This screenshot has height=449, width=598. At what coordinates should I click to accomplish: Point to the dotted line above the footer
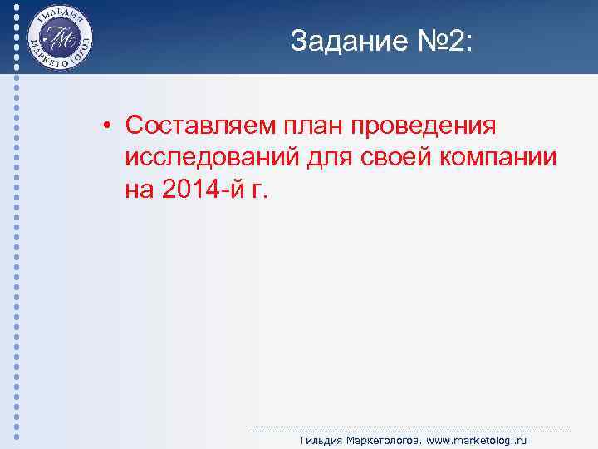[x=410, y=432]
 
